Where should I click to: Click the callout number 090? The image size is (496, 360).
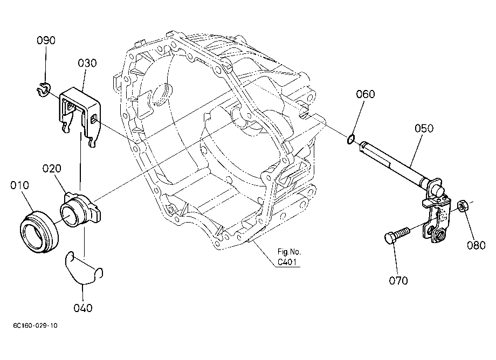[x=46, y=40]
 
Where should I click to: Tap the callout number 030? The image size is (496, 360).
[x=87, y=63]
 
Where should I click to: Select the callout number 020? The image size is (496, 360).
[x=52, y=169]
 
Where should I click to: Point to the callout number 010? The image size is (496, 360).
[x=19, y=185]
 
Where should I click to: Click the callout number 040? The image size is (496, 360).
[x=83, y=308]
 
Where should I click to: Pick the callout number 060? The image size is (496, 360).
[x=366, y=94]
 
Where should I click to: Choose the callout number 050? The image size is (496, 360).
[x=424, y=128]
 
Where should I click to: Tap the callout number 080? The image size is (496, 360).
[x=477, y=245]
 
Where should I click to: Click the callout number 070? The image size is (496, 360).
[x=398, y=280]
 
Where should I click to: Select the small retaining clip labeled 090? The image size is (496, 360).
[x=43, y=89]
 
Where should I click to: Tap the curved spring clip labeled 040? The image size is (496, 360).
[x=83, y=267]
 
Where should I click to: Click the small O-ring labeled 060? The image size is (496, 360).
[x=351, y=139]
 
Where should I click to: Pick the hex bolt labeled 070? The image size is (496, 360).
[x=396, y=236]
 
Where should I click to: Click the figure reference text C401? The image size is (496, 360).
[x=287, y=262]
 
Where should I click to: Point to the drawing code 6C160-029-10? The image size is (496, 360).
[x=36, y=326]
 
